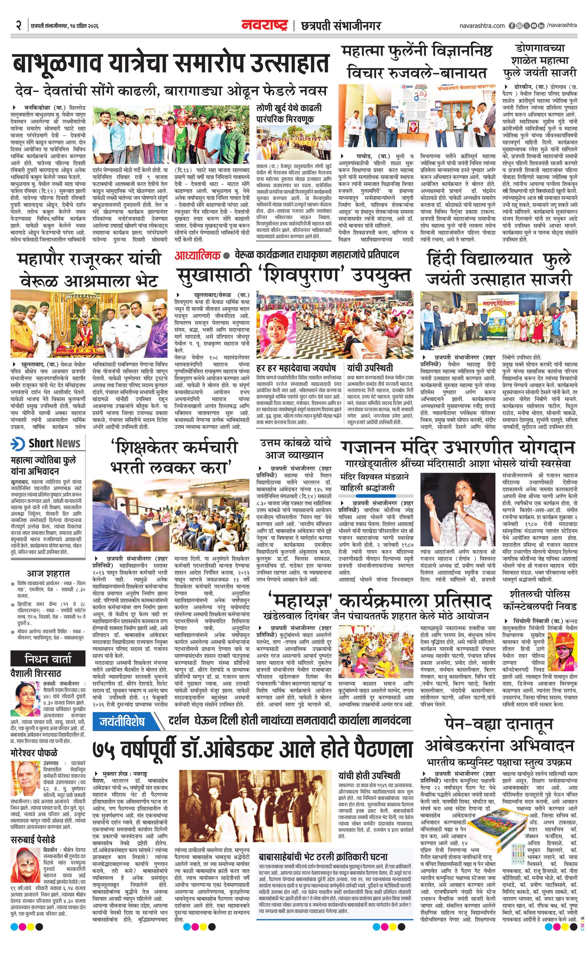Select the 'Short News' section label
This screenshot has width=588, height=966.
[x=54, y=443]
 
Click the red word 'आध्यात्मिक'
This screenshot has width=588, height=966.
[x=198, y=255]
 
